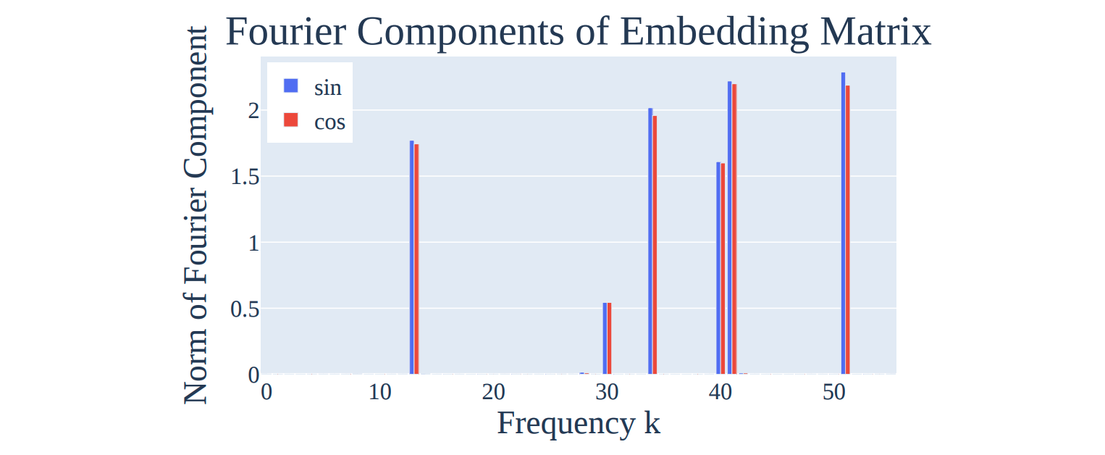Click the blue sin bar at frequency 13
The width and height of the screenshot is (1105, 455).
pos(412,257)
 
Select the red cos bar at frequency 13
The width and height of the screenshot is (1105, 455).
pos(417,259)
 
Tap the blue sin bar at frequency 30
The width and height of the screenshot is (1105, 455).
pos(605,338)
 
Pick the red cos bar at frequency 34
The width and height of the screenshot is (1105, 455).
pos(655,245)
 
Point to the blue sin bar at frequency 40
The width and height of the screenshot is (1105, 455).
pos(718,268)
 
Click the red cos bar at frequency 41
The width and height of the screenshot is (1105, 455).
pos(734,229)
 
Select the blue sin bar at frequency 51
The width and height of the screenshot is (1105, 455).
pos(843,223)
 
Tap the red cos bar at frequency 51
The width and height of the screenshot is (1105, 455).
pos(848,230)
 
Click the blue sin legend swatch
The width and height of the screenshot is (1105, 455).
pos(291,85)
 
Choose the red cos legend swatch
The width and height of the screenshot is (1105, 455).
pos(291,120)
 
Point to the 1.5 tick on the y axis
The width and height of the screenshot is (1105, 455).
pos(244,177)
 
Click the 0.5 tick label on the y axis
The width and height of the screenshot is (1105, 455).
pos(244,309)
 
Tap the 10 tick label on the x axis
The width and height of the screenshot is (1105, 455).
pos(379,393)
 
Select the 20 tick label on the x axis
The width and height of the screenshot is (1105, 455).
pos(493,393)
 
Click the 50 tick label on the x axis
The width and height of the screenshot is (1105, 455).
pos(834,393)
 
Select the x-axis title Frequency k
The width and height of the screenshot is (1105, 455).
pos(579,423)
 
